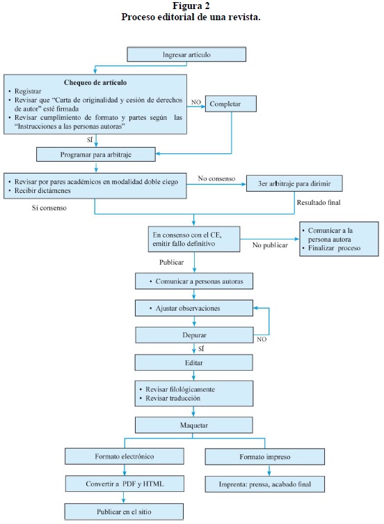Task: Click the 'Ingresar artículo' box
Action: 186,54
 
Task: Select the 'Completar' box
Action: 230,104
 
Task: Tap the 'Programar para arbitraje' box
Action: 96,155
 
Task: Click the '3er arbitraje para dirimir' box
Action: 294,183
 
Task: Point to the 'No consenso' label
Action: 216,178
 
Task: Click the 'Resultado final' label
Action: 319,202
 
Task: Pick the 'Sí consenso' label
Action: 49,208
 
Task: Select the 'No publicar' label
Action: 270,245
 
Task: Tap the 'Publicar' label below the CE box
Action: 171,262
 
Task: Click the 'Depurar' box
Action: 194,335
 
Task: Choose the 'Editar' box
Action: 194,362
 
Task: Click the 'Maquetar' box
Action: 194,425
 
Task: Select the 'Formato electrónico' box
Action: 124,456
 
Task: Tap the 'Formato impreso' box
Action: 265,457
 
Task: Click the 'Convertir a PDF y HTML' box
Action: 125,484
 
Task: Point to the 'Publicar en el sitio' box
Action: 124,511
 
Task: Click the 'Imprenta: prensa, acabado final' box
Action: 265,484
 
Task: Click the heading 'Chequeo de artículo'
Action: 95,82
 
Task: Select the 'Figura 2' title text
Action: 191,6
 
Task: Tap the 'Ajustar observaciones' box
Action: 194,308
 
